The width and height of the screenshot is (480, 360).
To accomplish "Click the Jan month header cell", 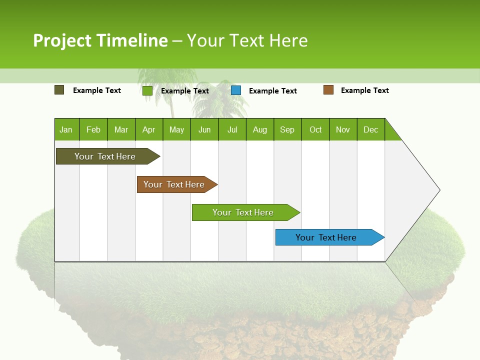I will pyautogui.click(x=66, y=129).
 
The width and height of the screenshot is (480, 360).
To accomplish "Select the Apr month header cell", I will pyautogui.click(x=149, y=129).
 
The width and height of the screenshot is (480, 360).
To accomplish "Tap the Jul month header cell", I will pyautogui.click(x=232, y=129).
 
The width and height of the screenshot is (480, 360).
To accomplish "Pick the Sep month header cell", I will pyautogui.click(x=287, y=129).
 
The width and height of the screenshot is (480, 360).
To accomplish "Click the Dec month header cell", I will pyautogui.click(x=371, y=129).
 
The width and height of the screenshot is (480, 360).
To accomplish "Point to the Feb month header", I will pyautogui.click(x=93, y=129).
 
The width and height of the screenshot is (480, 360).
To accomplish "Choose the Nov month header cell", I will pyautogui.click(x=343, y=129).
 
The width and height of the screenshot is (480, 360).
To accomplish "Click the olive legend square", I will pyautogui.click(x=59, y=90).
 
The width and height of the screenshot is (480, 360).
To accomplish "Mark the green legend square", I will pyautogui.click(x=147, y=90).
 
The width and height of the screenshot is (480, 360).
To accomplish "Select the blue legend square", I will pyautogui.click(x=236, y=90).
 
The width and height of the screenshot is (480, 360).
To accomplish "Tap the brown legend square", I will pyautogui.click(x=328, y=90).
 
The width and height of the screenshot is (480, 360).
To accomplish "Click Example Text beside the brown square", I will pyautogui.click(x=364, y=90).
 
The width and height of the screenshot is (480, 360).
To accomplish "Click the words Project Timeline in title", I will pyautogui.click(x=100, y=40).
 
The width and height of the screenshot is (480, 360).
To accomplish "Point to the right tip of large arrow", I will pyautogui.click(x=439, y=190).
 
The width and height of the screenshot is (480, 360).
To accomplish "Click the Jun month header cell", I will pyautogui.click(x=204, y=129).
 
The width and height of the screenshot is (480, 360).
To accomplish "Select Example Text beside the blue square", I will pyautogui.click(x=272, y=91).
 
